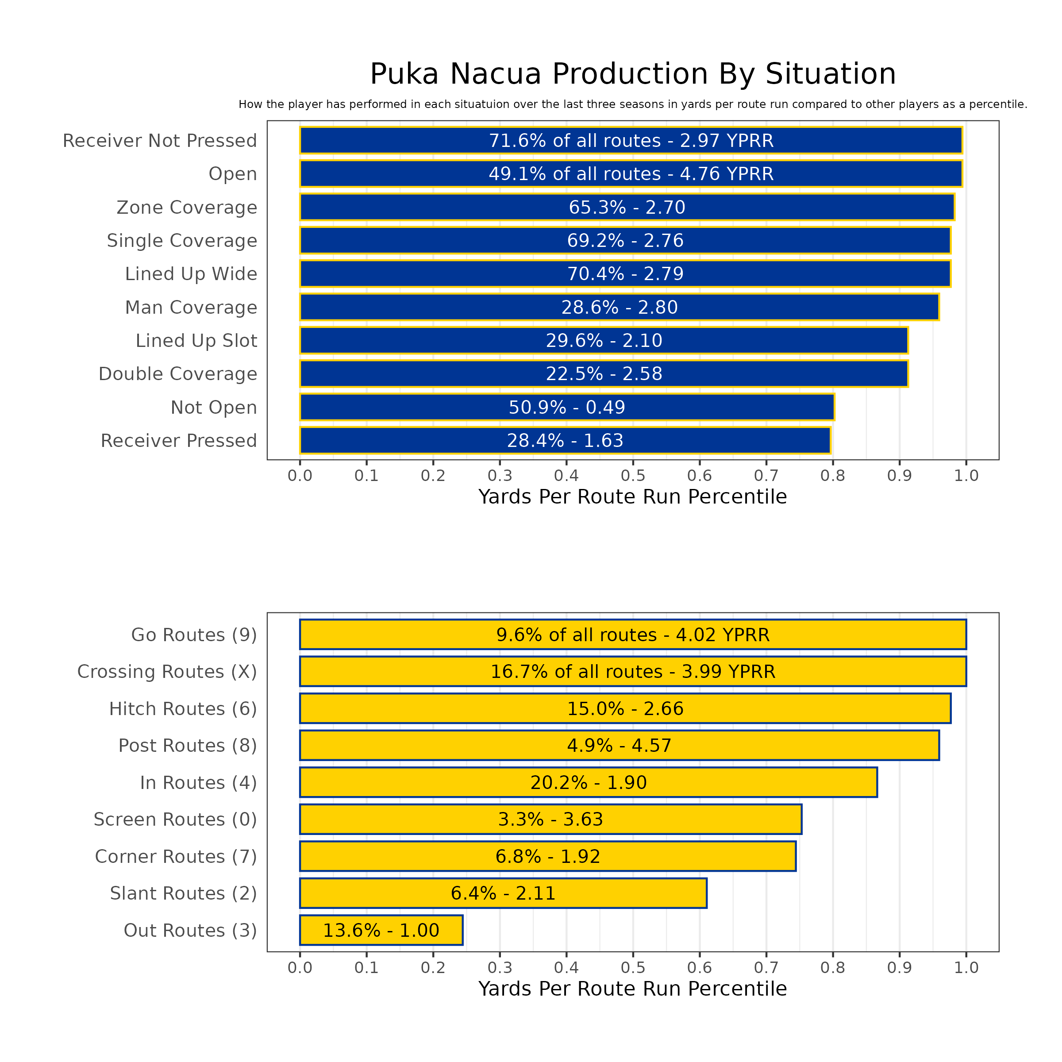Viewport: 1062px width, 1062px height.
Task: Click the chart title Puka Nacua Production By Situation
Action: point(633,74)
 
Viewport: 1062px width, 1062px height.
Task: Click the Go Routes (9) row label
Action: point(194,635)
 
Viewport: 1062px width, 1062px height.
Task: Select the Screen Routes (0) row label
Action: point(175,820)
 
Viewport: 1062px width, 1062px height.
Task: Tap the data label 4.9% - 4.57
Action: point(619,746)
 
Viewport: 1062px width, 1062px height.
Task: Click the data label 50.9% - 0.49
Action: point(567,407)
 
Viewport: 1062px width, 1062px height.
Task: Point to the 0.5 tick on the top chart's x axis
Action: point(633,476)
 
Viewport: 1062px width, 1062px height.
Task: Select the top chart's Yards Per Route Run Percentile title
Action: point(633,497)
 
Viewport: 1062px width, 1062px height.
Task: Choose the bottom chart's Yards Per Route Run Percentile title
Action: point(633,989)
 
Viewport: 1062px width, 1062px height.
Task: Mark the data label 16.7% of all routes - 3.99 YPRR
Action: point(633,672)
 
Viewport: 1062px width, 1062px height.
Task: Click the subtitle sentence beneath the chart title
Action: point(633,104)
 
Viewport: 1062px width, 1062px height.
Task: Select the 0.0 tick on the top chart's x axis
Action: point(300,476)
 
